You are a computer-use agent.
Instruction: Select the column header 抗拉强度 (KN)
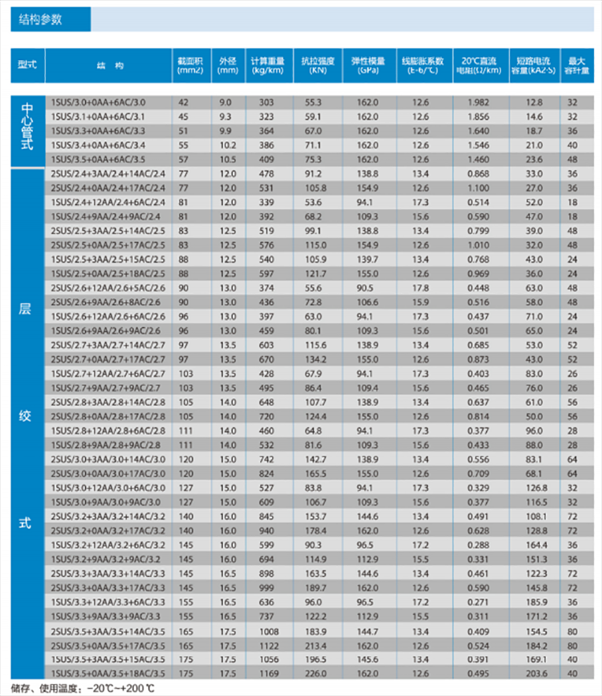(x=314, y=64)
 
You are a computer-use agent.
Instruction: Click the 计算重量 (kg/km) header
(x=267, y=64)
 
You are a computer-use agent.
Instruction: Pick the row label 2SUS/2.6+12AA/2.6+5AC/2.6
(x=108, y=288)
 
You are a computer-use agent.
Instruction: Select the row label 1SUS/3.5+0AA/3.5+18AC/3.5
(x=108, y=672)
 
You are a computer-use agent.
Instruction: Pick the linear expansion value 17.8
(x=420, y=288)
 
